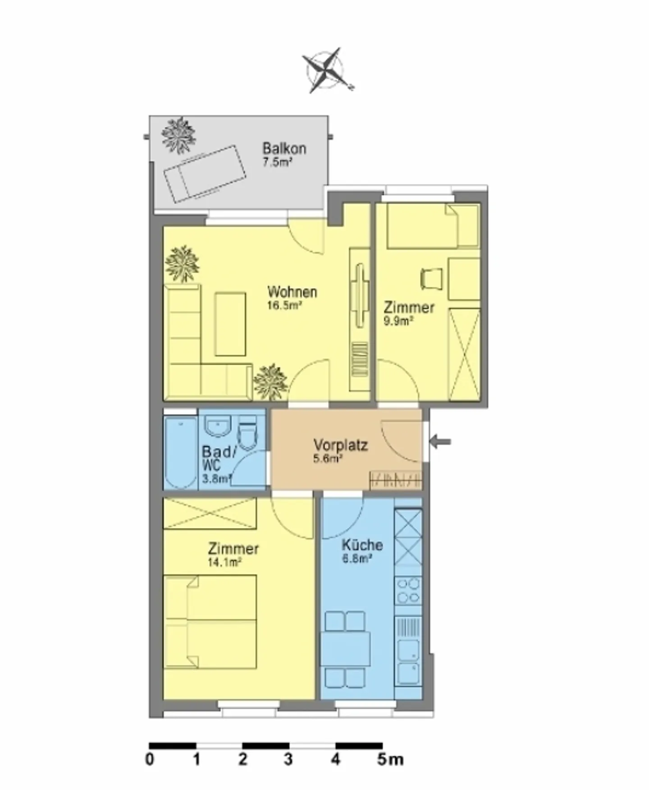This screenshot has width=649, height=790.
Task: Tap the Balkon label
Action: pyautogui.click(x=284, y=148)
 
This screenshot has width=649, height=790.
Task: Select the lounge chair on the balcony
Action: pyautogui.click(x=205, y=174)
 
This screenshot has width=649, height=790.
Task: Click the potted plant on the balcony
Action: pyautogui.click(x=179, y=135)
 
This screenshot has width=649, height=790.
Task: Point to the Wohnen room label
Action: pyautogui.click(x=292, y=292)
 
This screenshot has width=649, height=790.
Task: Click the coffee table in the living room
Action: pyautogui.click(x=230, y=324)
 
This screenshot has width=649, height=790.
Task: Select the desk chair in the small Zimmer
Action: pyautogui.click(x=430, y=278)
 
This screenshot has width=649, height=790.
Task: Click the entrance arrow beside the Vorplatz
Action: pyautogui.click(x=439, y=441)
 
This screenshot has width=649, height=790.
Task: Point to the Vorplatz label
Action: pyautogui.click(x=341, y=445)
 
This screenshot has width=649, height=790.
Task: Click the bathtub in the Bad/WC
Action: pyautogui.click(x=180, y=452)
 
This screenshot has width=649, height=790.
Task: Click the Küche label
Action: pyautogui.click(x=362, y=545)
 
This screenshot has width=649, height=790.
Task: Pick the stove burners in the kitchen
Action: pyautogui.click(x=408, y=591)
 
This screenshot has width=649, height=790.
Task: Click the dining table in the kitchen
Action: pyautogui.click(x=346, y=649)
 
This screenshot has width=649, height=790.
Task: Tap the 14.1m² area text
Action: pyautogui.click(x=225, y=562)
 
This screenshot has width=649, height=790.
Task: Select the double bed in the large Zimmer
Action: pyautogui.click(x=210, y=622)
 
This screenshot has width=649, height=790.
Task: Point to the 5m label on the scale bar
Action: pyautogui.click(x=390, y=759)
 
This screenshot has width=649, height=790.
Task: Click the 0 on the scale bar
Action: pyautogui.click(x=150, y=759)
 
